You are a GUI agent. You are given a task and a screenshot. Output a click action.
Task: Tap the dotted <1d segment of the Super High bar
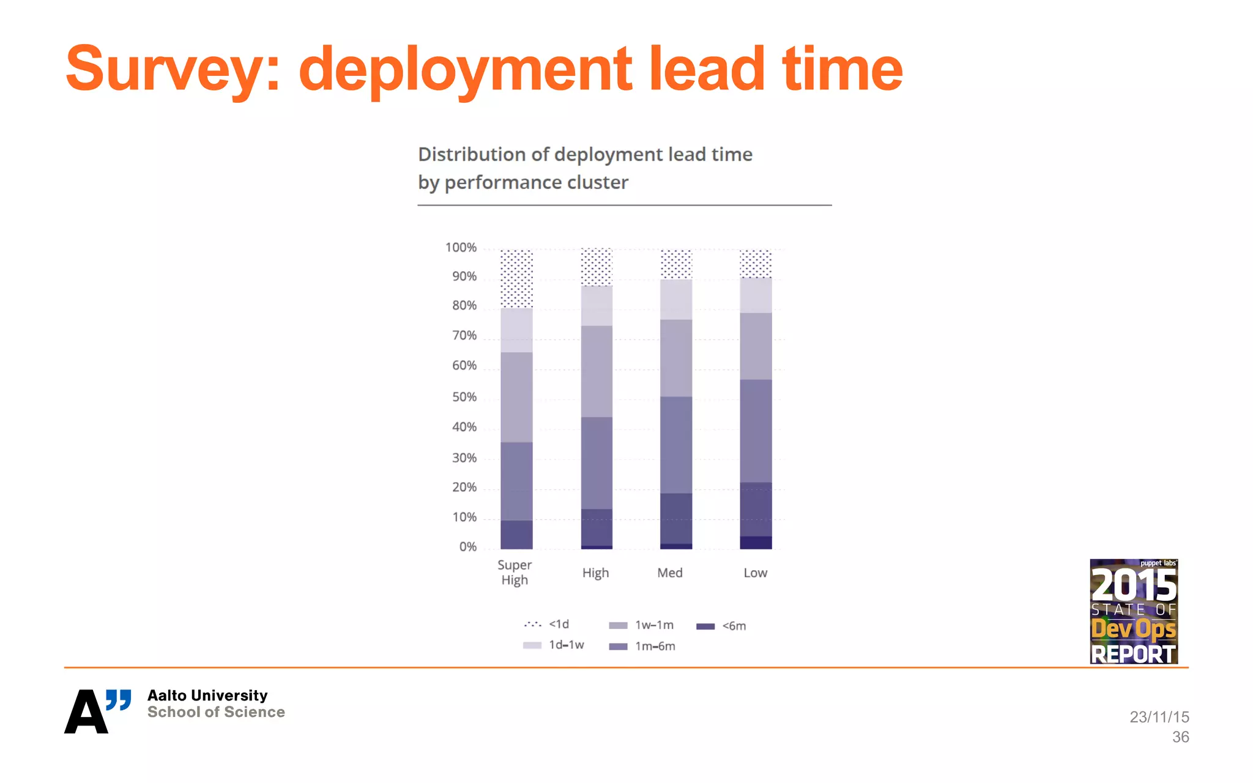pos(516,278)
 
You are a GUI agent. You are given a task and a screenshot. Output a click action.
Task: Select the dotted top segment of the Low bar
pos(756,264)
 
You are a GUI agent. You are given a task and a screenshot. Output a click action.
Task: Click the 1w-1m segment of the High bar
pos(597,371)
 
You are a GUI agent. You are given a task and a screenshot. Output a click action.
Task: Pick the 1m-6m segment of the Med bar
pos(676,445)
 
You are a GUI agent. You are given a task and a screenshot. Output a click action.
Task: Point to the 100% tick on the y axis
pos(461,248)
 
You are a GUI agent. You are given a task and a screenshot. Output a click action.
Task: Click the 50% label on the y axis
pos(464,397)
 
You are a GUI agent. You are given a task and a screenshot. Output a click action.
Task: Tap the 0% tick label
pos(467,547)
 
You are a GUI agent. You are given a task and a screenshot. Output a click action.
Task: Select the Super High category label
pos(515,573)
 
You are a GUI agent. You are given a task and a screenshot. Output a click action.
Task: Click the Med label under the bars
pos(670,573)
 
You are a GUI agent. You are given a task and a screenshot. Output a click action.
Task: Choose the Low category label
pos(755,573)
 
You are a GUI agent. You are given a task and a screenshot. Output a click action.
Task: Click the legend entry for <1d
pos(546,625)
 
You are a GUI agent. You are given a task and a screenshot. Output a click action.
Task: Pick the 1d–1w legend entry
pos(554,645)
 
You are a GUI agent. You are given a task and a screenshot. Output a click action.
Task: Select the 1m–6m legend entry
pos(642,647)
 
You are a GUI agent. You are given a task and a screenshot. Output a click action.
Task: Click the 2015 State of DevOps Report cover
pos(1133,611)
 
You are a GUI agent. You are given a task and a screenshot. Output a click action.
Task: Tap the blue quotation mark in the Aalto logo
pos(119,700)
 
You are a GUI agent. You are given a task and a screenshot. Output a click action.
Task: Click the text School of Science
pos(216,713)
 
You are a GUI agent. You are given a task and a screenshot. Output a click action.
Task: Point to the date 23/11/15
pos(1159,717)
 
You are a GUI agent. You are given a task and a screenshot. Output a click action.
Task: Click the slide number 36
pos(1180,737)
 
